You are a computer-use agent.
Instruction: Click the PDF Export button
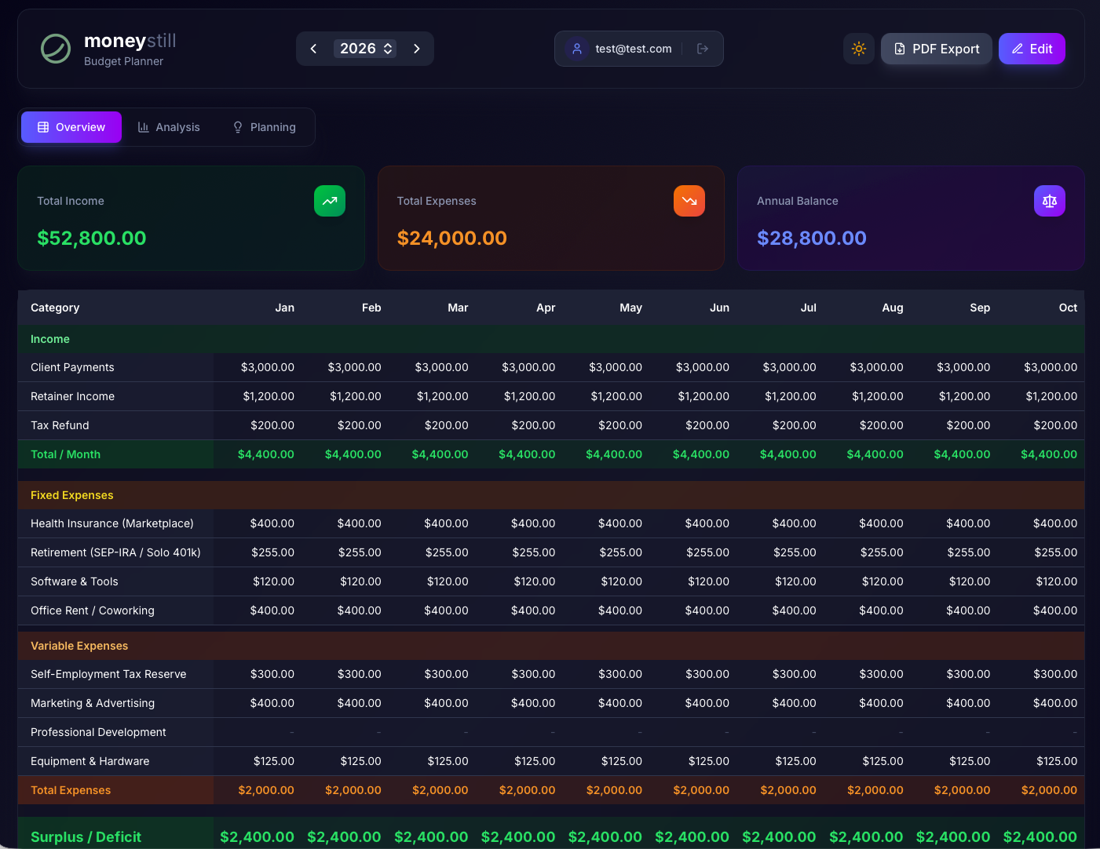pyautogui.click(x=936, y=49)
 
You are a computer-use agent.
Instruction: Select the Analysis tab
pyautogui.click(x=169, y=127)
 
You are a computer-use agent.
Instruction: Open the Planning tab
pyautogui.click(x=265, y=127)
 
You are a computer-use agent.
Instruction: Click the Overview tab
pyautogui.click(x=71, y=127)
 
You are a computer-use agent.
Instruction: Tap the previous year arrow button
pyautogui.click(x=313, y=49)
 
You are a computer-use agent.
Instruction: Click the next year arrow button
pyautogui.click(x=417, y=49)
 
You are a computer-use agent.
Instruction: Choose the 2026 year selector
pyautogui.click(x=365, y=49)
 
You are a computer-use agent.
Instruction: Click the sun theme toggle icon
pyautogui.click(x=859, y=49)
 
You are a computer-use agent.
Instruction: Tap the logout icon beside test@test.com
pyautogui.click(x=703, y=49)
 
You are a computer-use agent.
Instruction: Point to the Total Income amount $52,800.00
pyautogui.click(x=92, y=238)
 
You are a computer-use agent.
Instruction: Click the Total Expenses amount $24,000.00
pyautogui.click(x=451, y=238)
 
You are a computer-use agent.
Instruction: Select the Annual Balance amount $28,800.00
pyautogui.click(x=811, y=238)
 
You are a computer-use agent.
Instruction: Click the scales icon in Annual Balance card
pyautogui.click(x=1049, y=201)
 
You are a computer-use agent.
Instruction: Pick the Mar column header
pyautogui.click(x=458, y=308)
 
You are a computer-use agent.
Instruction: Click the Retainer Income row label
pyautogui.click(x=72, y=396)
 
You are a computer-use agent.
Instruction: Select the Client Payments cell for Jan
pyautogui.click(x=268, y=367)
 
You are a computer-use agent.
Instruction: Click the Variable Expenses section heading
pyautogui.click(x=79, y=646)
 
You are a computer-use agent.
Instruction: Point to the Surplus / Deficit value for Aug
pyautogui.click(x=866, y=837)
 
